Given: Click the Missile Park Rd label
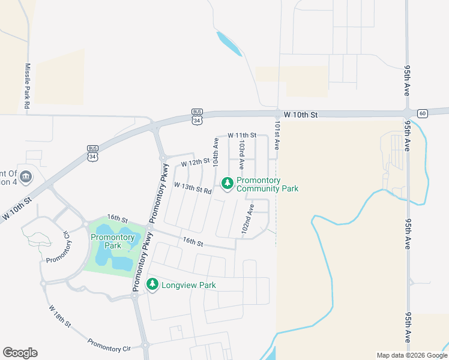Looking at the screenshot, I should (27, 86).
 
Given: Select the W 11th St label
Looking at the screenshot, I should (241, 135).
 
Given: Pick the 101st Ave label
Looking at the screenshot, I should (277, 137).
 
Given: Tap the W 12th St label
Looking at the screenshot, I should (195, 162).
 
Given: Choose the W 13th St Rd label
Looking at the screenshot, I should (193, 188).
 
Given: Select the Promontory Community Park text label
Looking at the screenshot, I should (267, 184).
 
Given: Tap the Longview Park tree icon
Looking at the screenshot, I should (152, 284).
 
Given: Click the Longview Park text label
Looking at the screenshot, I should (188, 285).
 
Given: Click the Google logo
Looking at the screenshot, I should (20, 353).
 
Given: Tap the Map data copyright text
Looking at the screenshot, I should (412, 355).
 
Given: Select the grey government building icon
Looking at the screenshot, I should (25, 176).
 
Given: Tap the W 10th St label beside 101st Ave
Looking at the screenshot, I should (300, 114).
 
